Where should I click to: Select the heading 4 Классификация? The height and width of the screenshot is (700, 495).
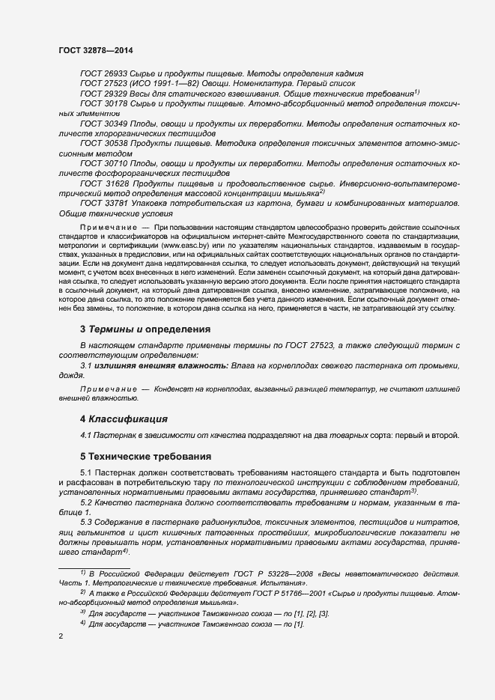[x=123, y=419]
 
